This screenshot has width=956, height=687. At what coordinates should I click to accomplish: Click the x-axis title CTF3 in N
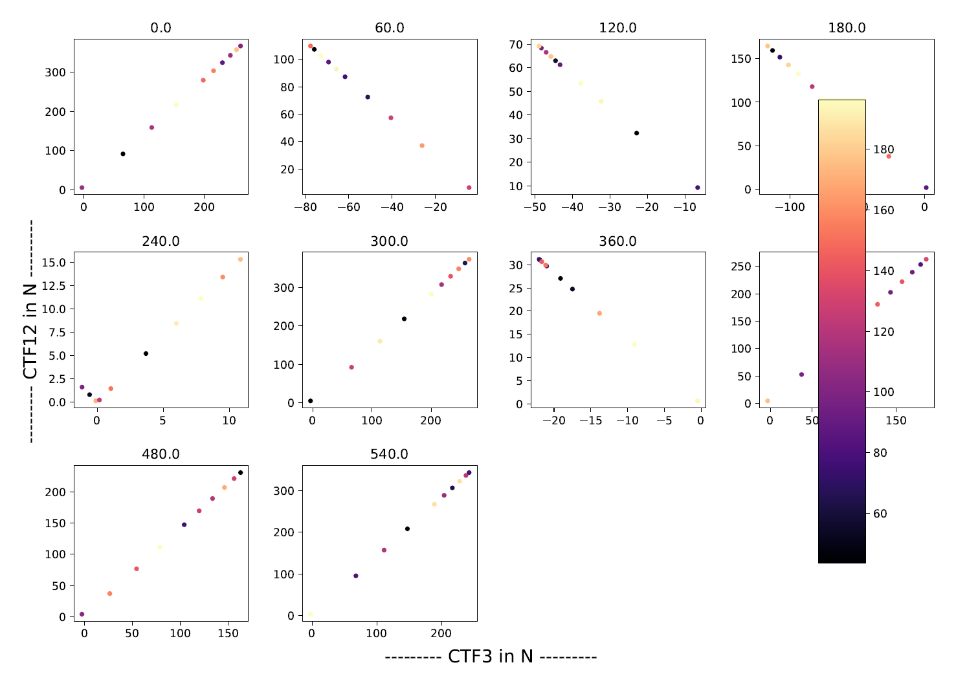[491, 657]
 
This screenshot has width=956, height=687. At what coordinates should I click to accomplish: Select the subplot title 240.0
[161, 241]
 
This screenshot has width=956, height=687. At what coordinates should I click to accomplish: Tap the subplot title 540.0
[389, 454]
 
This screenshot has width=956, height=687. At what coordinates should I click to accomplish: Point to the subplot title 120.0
[617, 28]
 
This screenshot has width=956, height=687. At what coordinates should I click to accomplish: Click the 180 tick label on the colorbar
[884, 150]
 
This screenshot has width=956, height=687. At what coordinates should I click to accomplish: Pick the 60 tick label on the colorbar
[880, 514]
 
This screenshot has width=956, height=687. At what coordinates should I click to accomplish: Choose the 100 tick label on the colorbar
[884, 392]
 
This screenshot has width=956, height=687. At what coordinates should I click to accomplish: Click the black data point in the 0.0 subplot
[123, 154]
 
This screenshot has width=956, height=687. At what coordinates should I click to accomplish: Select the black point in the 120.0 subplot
[636, 133]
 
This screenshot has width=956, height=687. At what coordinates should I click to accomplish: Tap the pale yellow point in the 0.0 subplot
[176, 105]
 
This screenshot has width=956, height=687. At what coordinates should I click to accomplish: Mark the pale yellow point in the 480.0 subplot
[160, 547]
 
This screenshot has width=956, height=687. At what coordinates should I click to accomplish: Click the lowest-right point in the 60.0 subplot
[469, 188]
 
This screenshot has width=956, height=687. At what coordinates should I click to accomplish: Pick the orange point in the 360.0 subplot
[599, 313]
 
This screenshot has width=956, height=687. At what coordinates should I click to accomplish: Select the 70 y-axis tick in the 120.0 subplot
[517, 45]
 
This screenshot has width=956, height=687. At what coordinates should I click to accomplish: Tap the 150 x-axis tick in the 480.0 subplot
[228, 634]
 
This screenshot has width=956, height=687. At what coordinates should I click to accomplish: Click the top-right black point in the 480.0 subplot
[240, 473]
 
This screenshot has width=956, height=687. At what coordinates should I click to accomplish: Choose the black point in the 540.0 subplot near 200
[407, 529]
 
